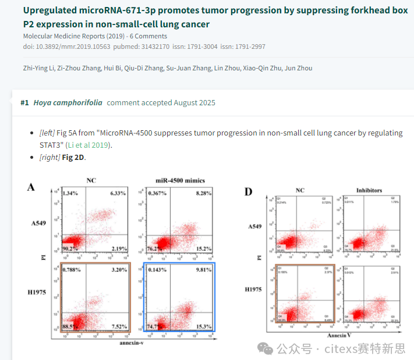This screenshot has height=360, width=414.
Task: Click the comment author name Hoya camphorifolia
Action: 68,103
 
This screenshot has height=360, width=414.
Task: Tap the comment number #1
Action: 24,103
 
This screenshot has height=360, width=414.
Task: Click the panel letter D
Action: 249,191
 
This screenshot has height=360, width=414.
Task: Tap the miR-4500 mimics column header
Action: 180,180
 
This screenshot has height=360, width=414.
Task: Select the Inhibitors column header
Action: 368,190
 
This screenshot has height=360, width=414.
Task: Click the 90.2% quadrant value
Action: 70,249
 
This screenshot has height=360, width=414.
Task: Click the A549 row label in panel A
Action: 38,223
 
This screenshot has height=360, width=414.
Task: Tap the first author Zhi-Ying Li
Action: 38,68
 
